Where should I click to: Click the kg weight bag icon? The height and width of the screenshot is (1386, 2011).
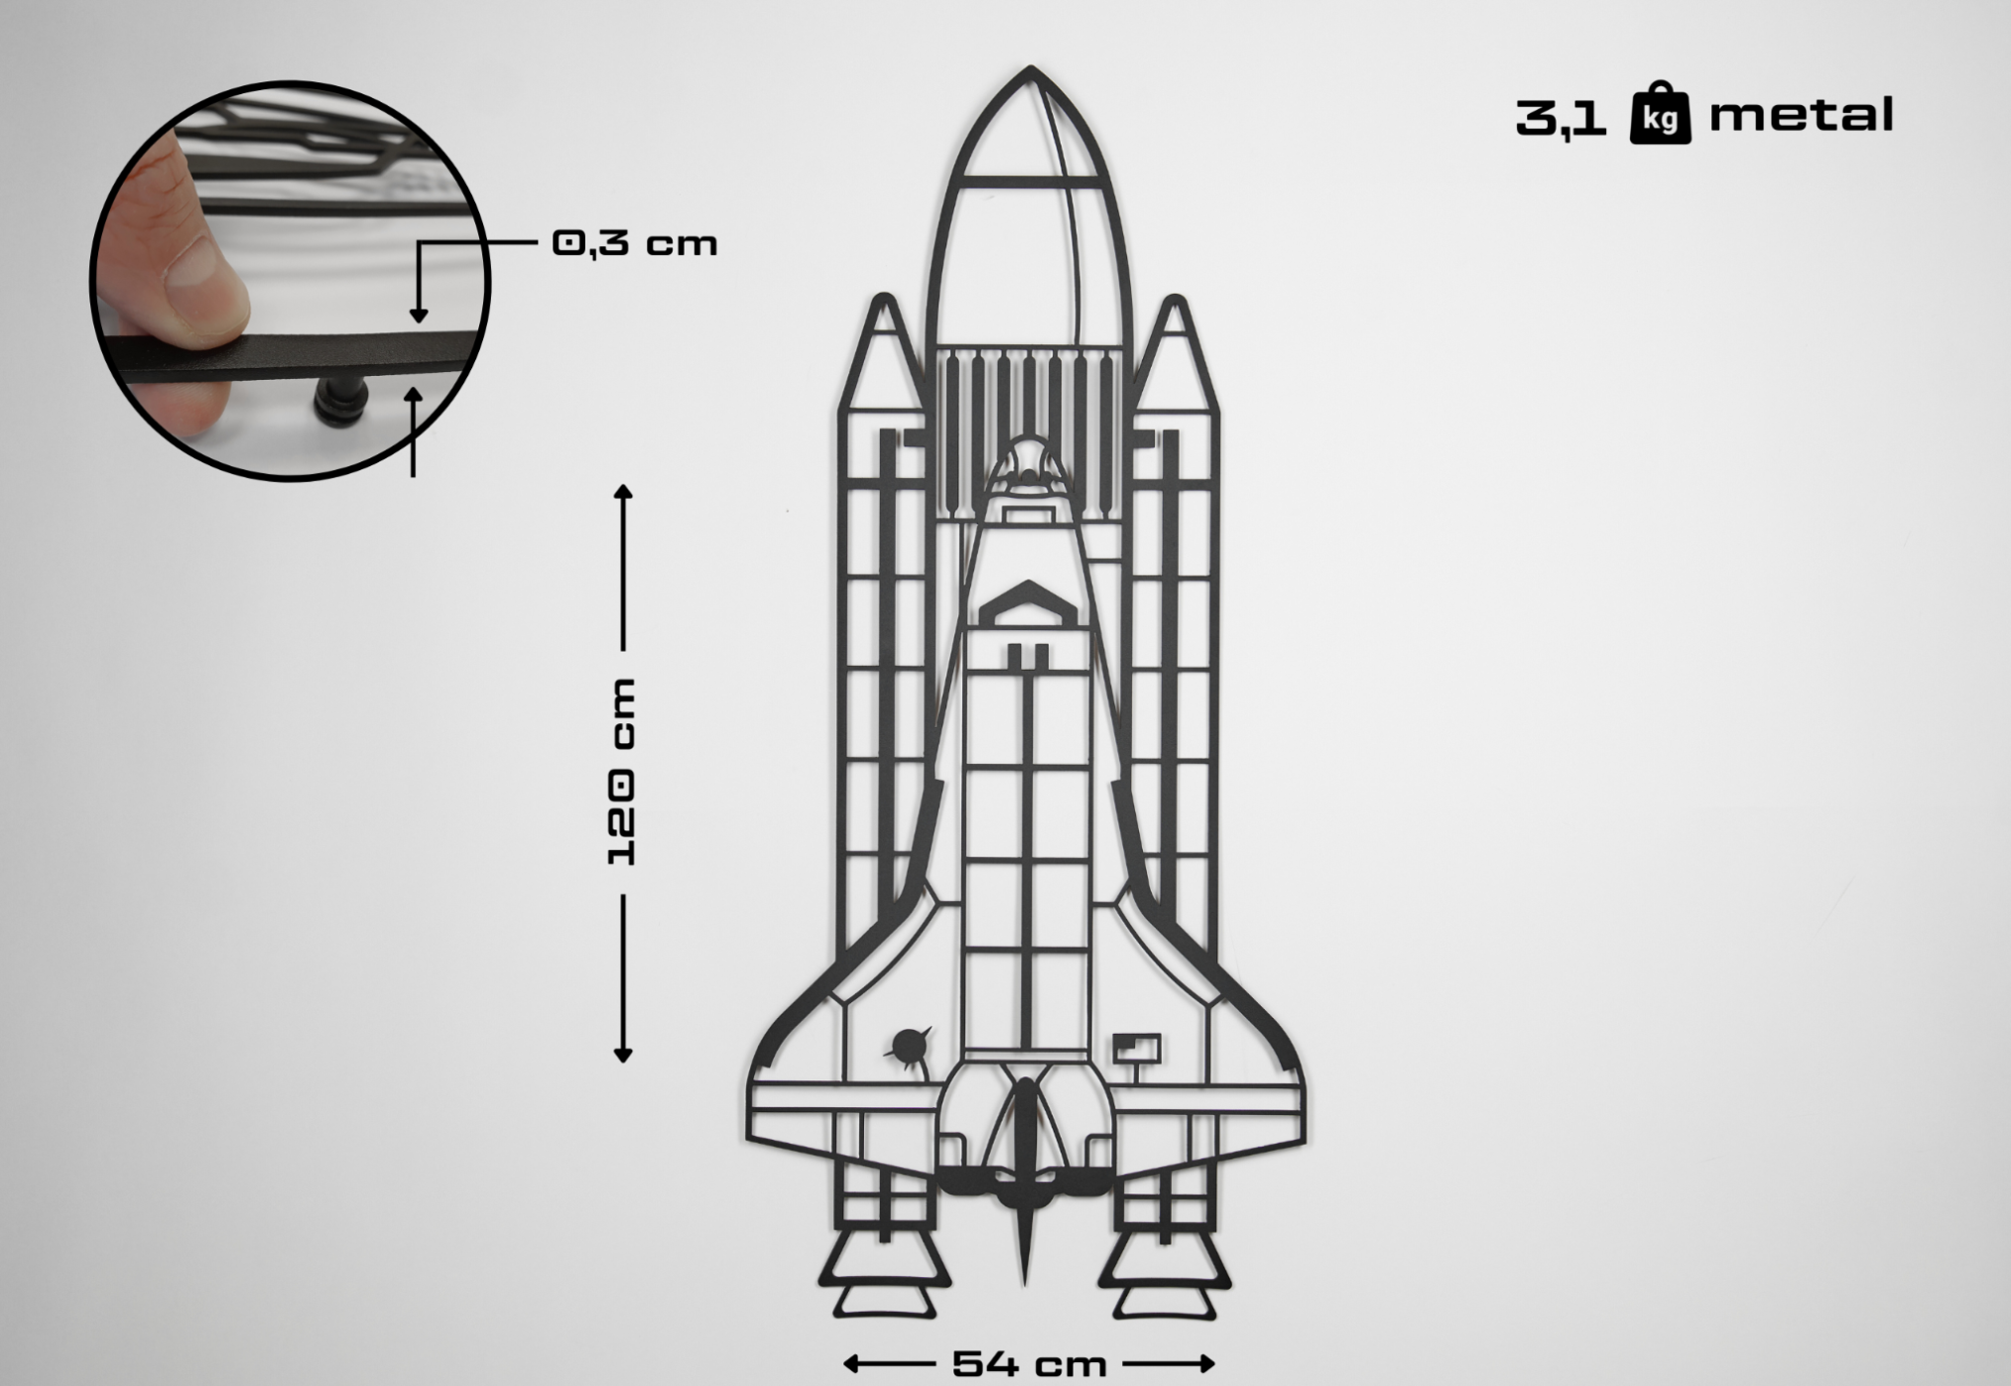tap(1660, 115)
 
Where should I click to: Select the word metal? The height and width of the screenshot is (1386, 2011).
tap(1801, 115)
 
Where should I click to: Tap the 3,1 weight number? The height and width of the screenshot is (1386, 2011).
tap(1561, 117)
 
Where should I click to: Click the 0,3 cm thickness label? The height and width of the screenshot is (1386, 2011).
tap(634, 243)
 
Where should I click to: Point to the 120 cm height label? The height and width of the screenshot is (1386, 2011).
tap(622, 771)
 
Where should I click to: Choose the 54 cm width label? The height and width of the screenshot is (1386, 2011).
tap(1029, 1364)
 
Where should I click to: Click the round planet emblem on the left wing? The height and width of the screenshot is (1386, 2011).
tap(909, 1045)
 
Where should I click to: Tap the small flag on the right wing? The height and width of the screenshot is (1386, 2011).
tap(1137, 1048)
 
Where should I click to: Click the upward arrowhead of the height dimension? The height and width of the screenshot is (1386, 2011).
tap(623, 491)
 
